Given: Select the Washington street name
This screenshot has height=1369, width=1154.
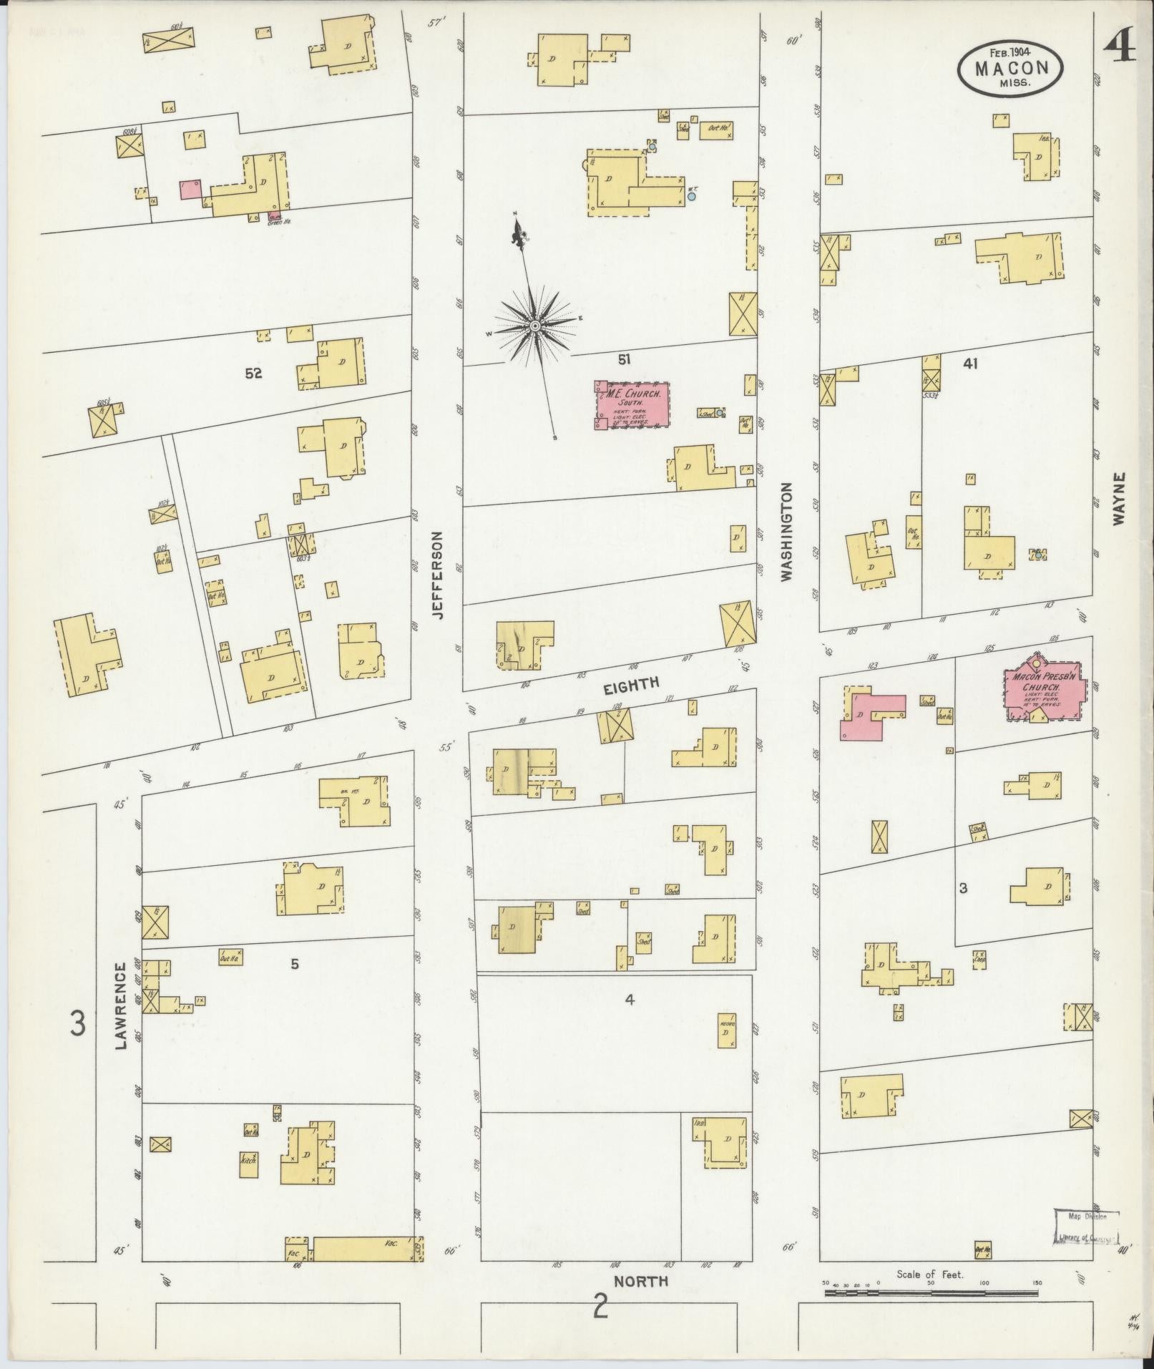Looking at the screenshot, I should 788,531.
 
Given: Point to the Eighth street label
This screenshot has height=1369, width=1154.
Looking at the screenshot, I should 630,684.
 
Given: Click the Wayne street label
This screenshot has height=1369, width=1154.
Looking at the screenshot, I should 1118,498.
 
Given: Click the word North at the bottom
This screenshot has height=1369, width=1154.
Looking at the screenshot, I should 641,1281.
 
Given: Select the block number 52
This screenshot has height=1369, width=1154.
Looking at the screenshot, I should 253,374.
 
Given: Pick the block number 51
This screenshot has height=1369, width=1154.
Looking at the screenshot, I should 624,359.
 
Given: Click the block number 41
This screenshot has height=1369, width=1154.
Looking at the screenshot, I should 970,364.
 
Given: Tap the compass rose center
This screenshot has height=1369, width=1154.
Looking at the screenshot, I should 534,326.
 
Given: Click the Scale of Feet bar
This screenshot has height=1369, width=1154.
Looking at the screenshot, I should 930,1293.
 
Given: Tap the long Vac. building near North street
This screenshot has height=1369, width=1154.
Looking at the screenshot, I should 365,1249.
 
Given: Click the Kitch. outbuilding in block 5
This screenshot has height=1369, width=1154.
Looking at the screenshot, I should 248,1164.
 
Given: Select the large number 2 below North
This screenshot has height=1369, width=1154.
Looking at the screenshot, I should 600,1309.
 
